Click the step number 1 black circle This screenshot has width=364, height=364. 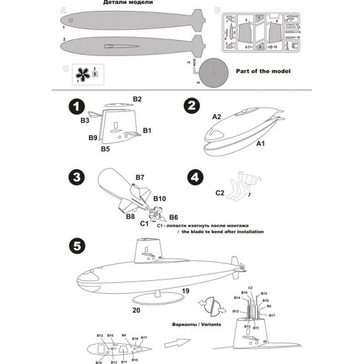[x=75, y=106]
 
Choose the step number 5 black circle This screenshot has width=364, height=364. [x=75, y=248]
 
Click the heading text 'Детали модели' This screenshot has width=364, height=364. [x=126, y=4]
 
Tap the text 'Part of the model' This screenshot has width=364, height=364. [x=263, y=71]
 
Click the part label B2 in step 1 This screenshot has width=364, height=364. [x=137, y=99]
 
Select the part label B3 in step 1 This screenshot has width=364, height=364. [x=85, y=121]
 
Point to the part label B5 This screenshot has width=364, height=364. [x=105, y=149]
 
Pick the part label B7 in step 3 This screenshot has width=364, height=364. [x=140, y=177]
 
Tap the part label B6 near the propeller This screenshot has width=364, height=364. [x=174, y=217]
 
